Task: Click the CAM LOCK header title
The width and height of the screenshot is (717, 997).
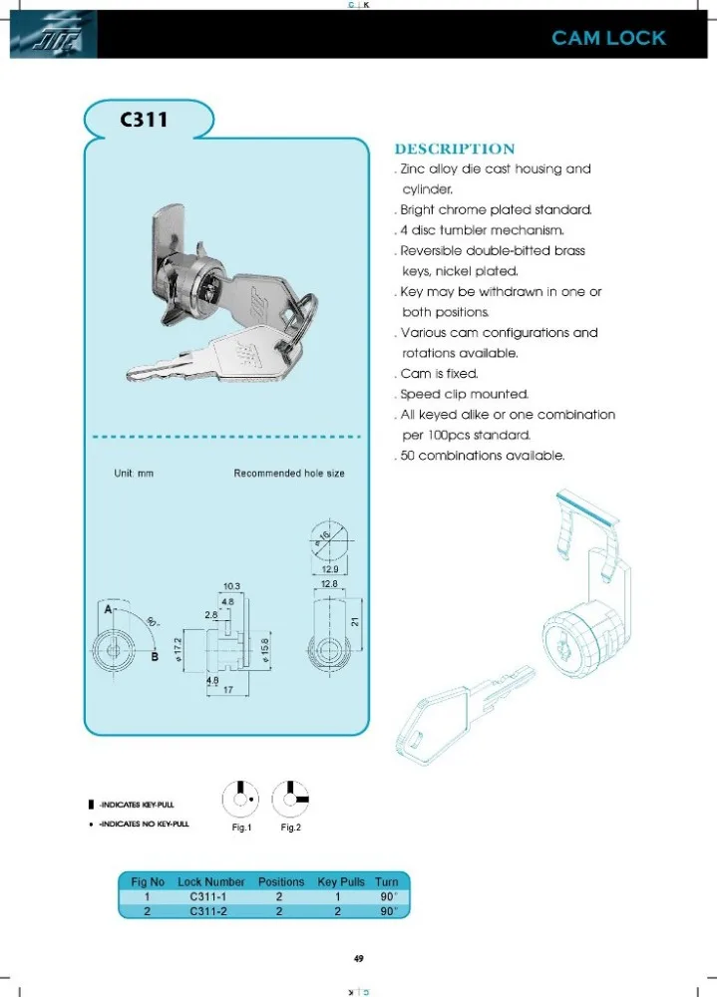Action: (608, 39)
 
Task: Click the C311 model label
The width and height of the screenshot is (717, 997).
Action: (144, 121)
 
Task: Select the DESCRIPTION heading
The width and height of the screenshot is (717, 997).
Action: (454, 149)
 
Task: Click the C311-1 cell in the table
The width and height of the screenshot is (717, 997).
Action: (210, 896)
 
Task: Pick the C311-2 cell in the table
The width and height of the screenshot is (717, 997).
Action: (210, 910)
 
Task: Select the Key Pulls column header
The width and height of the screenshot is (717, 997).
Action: (341, 881)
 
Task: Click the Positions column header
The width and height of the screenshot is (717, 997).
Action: (281, 881)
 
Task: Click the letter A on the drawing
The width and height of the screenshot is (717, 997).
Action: (102, 607)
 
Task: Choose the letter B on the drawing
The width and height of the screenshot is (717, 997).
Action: (155, 657)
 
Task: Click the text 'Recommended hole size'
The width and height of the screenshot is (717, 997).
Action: (289, 473)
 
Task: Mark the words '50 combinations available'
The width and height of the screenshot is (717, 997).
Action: (483, 456)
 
